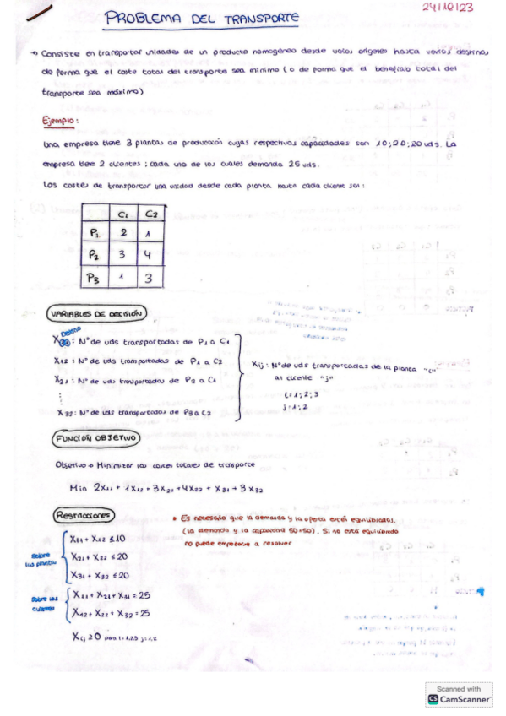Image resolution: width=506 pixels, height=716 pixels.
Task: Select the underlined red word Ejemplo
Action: [x=61, y=122]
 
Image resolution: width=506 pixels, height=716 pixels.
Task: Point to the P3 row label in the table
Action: [x=95, y=276]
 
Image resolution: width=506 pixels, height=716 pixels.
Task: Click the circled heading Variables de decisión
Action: [x=100, y=314]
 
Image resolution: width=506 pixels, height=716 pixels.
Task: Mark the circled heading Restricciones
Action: [x=84, y=515]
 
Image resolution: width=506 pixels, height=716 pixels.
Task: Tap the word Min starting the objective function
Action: [x=80, y=490]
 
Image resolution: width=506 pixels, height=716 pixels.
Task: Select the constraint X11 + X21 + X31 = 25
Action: [x=111, y=595]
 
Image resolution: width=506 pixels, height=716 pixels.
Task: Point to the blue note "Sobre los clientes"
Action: [x=41, y=604]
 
